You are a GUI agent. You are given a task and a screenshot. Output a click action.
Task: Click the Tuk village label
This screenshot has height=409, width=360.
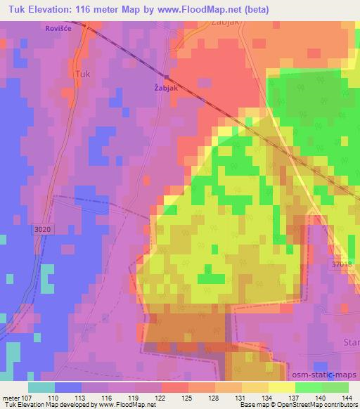click(82, 72)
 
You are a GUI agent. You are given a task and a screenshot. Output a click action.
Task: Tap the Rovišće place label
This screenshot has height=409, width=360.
click(60, 29)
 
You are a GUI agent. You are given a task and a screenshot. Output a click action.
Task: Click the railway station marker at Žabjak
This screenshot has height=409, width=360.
click(167, 77)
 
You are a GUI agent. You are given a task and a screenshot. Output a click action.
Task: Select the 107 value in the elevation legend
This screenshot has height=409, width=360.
click(27, 398)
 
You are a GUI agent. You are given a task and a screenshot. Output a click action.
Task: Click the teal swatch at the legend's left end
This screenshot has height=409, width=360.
click(41, 388)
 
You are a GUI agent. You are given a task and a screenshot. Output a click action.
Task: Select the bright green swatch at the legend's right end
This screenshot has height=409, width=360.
click(335, 388)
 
